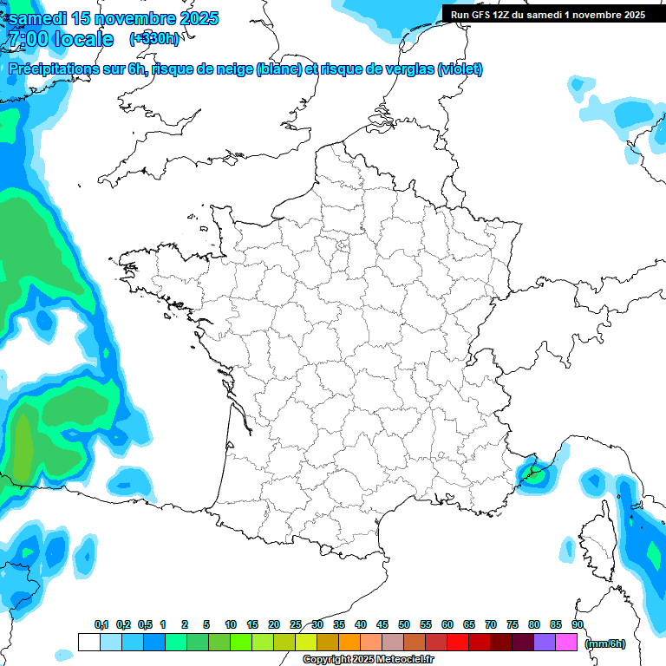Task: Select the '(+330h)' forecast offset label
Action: click(154, 39)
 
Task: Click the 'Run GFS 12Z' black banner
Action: click(548, 14)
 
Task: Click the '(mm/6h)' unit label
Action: click(605, 643)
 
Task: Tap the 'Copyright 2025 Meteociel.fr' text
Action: click(368, 660)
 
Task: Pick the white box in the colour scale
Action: click(88, 643)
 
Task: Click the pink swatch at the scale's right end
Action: click(566, 643)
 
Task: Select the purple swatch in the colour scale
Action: click(545, 643)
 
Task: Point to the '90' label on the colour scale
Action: click(578, 625)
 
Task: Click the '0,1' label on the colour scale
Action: click(101, 625)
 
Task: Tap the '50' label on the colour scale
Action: click(404, 625)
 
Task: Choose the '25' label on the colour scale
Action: click(296, 625)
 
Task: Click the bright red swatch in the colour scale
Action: click(458, 643)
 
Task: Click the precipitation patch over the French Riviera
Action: click(532, 473)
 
